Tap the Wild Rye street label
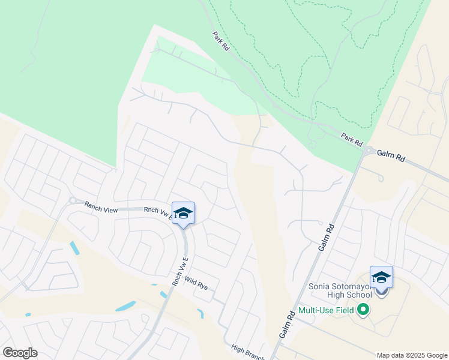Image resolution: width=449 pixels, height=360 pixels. (x=196, y=283)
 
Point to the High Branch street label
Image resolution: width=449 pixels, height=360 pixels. (x=248, y=352)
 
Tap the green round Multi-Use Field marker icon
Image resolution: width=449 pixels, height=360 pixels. (x=363, y=310)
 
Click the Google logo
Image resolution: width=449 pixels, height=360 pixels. (x=20, y=352)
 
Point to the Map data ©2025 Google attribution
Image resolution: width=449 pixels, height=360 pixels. (x=412, y=355)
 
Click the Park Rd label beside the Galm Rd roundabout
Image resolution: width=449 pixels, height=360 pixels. (x=352, y=140)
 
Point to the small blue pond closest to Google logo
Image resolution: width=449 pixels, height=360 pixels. (x=28, y=314)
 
